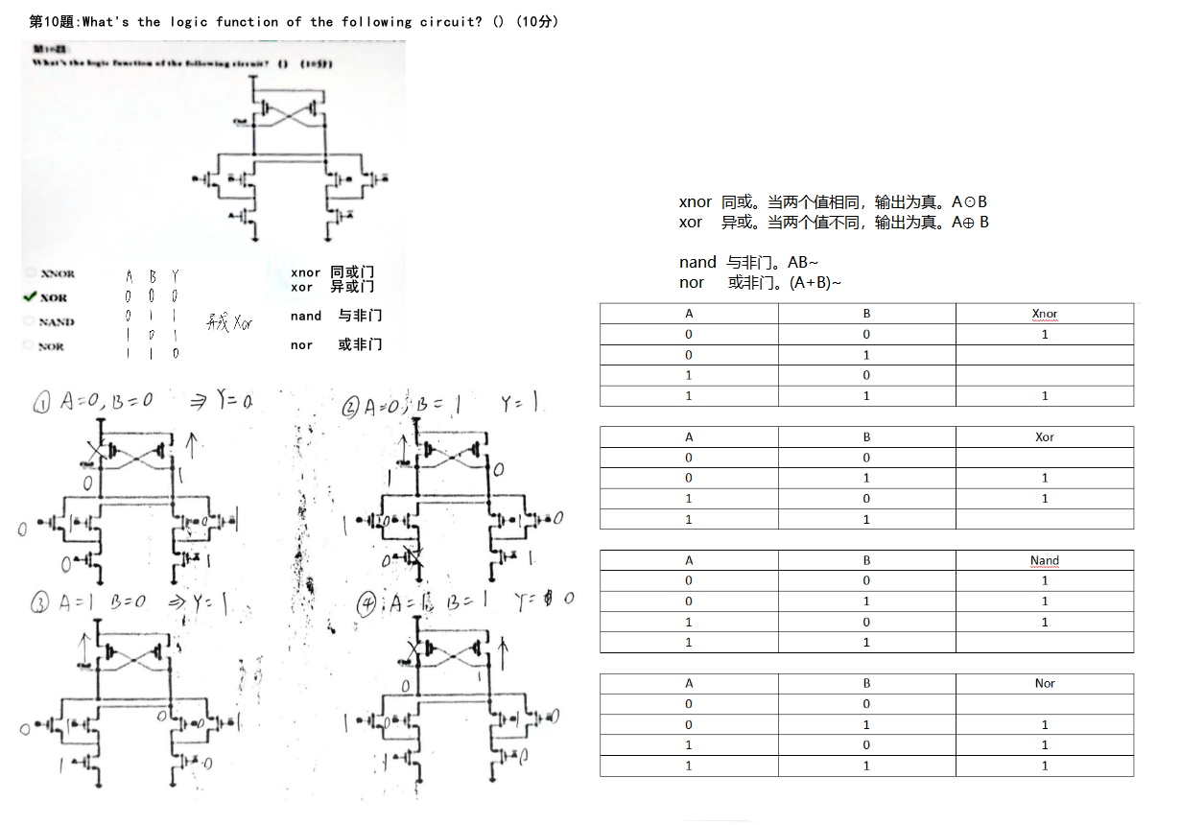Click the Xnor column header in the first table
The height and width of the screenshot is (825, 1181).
[x=1044, y=314]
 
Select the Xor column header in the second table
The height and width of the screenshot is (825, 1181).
[x=1044, y=436]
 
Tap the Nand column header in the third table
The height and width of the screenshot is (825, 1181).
[x=1044, y=560]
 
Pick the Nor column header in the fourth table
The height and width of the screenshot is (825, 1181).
[x=1044, y=683]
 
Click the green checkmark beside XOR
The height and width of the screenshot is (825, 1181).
[x=29, y=297]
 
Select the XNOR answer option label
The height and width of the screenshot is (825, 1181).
[x=58, y=274]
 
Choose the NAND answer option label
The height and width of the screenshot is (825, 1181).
[x=57, y=322]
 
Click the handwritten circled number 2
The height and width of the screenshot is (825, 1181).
[x=351, y=408]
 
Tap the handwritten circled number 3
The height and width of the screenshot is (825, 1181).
[x=40, y=603]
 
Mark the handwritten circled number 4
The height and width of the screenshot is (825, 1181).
[x=366, y=604]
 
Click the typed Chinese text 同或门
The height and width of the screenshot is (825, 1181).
[x=352, y=272]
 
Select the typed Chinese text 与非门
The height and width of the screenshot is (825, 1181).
[x=360, y=316]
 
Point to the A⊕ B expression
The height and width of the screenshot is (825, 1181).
[x=970, y=223]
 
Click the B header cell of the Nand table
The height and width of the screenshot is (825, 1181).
[x=866, y=560]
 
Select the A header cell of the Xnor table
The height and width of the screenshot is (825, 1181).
[x=688, y=314]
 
